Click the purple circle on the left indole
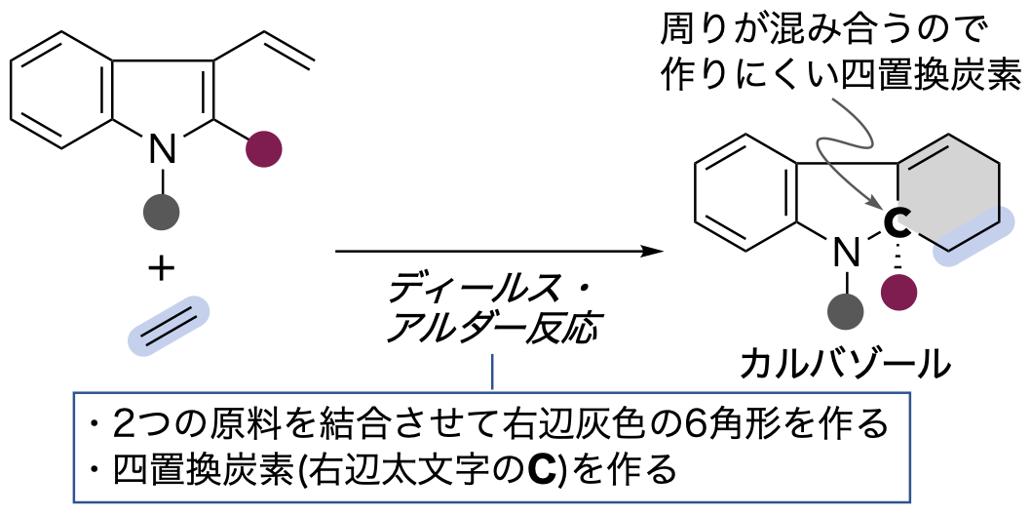[x=264, y=148]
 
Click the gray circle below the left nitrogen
[x=161, y=212]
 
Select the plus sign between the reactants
[x=161, y=268]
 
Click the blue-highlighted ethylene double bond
[x=169, y=327]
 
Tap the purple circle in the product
[x=898, y=292]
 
